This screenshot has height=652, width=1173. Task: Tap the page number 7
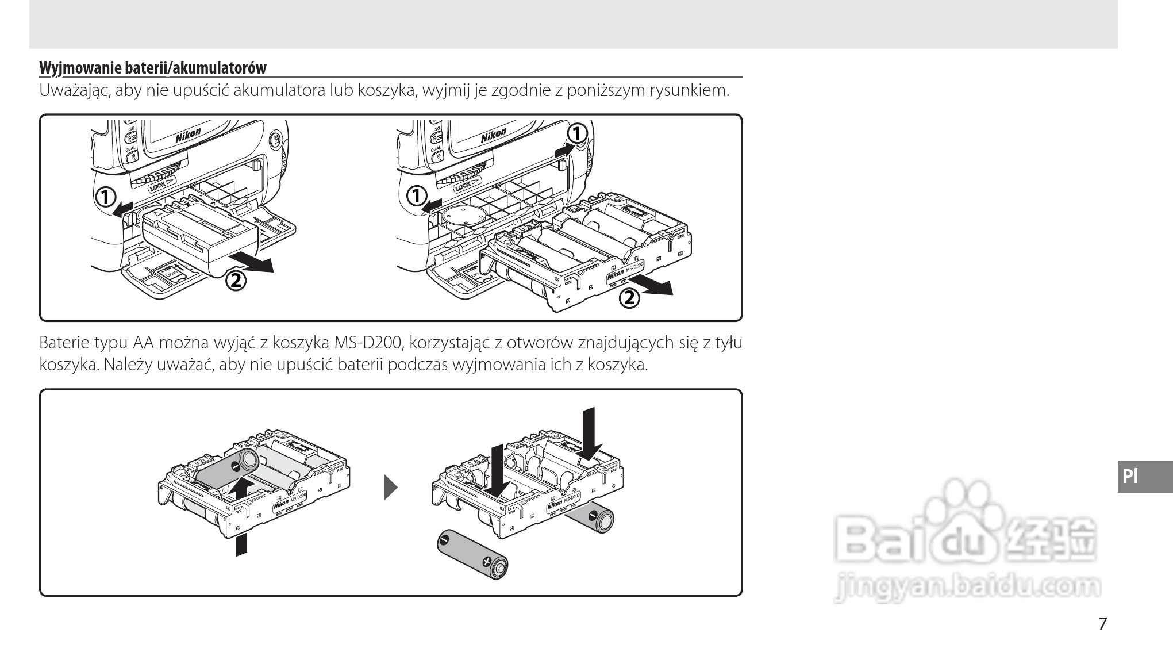(x=1102, y=623)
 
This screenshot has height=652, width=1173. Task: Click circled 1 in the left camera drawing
(x=105, y=197)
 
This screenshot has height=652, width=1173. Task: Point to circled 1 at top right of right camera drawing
(x=577, y=133)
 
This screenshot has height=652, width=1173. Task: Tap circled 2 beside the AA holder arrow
(x=629, y=298)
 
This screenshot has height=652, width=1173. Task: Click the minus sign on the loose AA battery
(x=443, y=540)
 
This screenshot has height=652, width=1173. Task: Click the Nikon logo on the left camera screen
(x=188, y=136)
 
